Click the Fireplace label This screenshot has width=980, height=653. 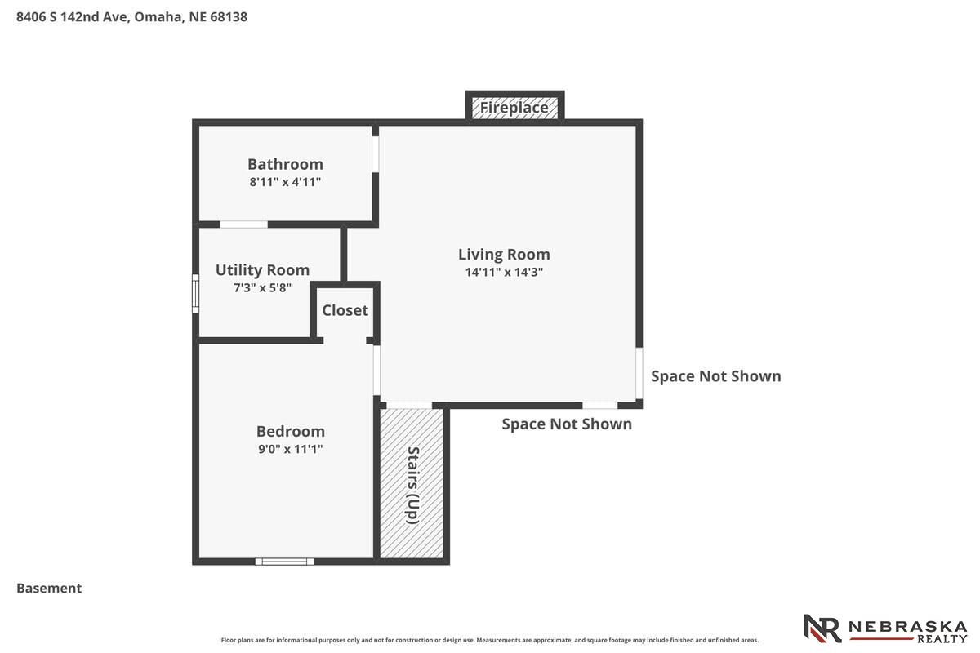pos(514,108)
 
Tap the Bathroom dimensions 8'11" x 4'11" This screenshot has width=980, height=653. pos(285,182)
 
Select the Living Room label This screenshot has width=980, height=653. pos(504,254)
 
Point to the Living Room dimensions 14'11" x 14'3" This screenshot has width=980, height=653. pos(504,272)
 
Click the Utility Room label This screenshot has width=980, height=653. pos(262,270)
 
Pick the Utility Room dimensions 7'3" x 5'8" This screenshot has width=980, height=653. pos(262,288)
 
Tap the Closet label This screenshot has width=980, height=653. pos(345,310)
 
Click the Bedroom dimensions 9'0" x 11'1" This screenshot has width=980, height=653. pos(291,449)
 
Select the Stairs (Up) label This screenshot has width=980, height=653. pos(413,485)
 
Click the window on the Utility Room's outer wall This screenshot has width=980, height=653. pos(195,294)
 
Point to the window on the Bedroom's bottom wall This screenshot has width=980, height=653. pos(284,562)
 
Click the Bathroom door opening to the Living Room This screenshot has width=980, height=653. pos(376,154)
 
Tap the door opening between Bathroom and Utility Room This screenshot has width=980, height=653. pos(243,224)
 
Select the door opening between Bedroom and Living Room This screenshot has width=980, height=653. pos(376,370)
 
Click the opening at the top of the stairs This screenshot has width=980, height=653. pos(409,406)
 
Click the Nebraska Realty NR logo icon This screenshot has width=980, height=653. pos(822,629)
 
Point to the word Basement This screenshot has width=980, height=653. pos(49,589)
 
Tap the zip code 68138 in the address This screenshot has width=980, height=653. pos(229,16)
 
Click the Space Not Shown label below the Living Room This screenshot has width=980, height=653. pos(567,424)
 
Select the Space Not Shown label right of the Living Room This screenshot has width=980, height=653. pos(716,376)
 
